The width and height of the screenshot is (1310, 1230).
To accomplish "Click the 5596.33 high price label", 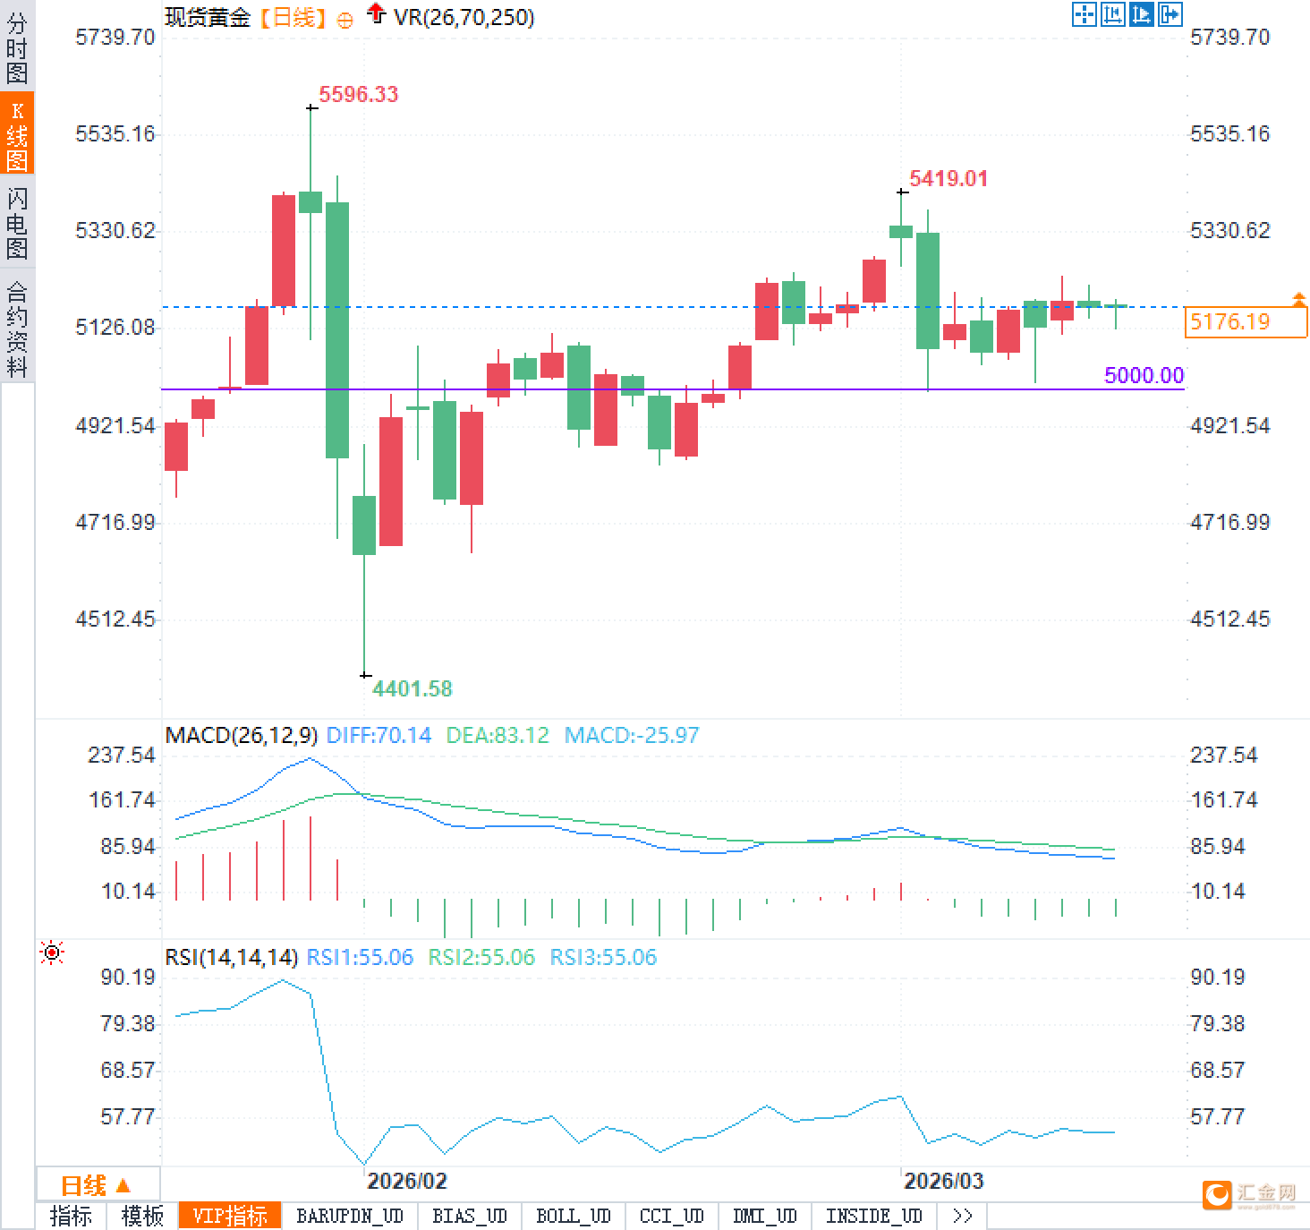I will click(358, 94).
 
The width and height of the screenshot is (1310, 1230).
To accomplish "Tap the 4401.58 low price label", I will click(413, 688).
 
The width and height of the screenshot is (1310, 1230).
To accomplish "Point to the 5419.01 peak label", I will click(948, 178).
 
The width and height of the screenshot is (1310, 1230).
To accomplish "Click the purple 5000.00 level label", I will click(1144, 375).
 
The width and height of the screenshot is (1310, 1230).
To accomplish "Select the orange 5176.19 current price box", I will click(1245, 321).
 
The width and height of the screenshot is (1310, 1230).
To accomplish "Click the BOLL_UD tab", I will click(573, 1216).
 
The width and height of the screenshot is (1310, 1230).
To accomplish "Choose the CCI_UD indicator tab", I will click(671, 1216).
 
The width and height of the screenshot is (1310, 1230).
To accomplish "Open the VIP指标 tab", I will click(230, 1216).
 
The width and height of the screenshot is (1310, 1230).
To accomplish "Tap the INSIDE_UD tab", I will click(873, 1216).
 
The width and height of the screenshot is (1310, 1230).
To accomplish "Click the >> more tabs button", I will click(962, 1216).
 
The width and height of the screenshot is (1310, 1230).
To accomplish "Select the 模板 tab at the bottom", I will click(142, 1216).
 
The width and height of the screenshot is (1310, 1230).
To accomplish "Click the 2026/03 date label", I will click(943, 1181).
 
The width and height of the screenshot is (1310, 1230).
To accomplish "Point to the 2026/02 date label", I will click(406, 1181).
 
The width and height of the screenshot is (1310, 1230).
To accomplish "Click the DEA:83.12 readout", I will click(498, 736).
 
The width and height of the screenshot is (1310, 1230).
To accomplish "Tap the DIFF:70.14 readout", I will click(379, 736).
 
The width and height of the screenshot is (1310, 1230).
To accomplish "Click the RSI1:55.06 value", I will click(360, 957).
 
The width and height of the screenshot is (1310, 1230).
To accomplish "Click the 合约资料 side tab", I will click(17, 329).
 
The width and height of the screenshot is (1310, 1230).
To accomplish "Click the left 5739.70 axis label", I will click(115, 37).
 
